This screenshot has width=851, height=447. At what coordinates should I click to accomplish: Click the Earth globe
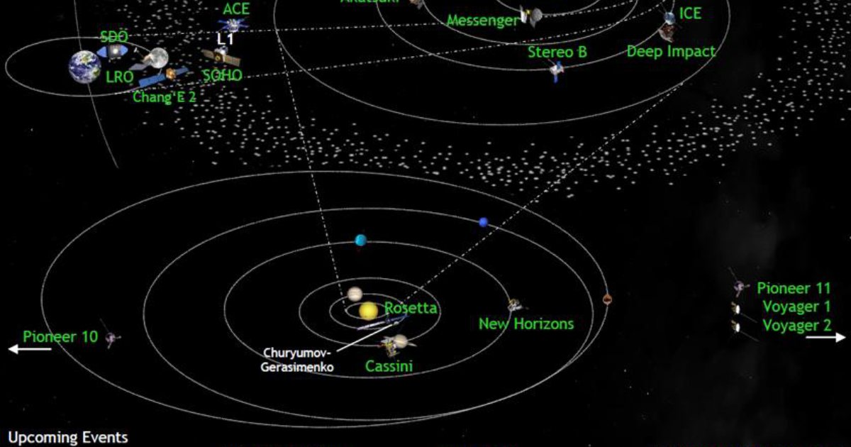point(84,67)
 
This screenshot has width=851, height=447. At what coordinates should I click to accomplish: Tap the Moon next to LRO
point(157,57)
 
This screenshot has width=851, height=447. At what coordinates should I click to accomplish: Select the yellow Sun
point(368,311)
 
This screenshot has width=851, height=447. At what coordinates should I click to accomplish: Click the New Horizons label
point(525,324)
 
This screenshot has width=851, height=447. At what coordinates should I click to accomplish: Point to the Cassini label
point(389,366)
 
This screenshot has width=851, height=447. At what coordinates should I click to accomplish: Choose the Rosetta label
point(411,309)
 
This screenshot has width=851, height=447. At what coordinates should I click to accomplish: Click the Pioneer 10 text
point(60,336)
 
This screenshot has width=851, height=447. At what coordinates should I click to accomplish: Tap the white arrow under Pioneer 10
point(30,348)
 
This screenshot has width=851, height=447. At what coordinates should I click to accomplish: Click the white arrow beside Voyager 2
point(825,338)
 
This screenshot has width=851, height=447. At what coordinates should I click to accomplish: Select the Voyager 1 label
point(796,307)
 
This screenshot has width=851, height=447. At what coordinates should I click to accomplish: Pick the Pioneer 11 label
point(793,289)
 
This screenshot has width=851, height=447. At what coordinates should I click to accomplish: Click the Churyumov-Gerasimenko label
point(298,360)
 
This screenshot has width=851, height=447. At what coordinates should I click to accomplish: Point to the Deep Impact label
point(671,52)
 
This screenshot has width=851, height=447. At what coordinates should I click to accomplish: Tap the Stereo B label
point(557,52)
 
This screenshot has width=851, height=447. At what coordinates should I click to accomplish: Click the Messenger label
point(482,21)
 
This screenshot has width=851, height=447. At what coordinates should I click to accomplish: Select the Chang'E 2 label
point(164,97)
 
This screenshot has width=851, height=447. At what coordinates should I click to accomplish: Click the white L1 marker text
point(225,40)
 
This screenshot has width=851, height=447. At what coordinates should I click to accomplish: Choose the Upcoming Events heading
point(68,436)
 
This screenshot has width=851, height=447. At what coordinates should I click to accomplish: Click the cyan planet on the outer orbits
point(361,240)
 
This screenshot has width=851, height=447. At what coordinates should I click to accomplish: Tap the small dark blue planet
point(484,222)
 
